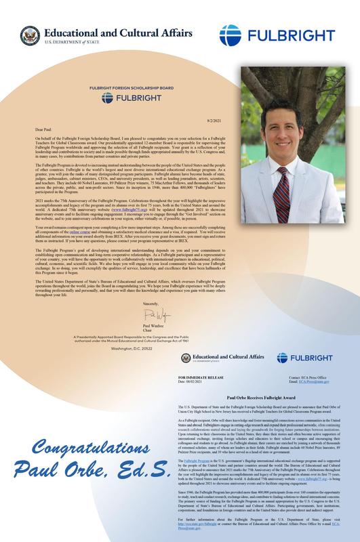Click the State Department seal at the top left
(29, 35)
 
